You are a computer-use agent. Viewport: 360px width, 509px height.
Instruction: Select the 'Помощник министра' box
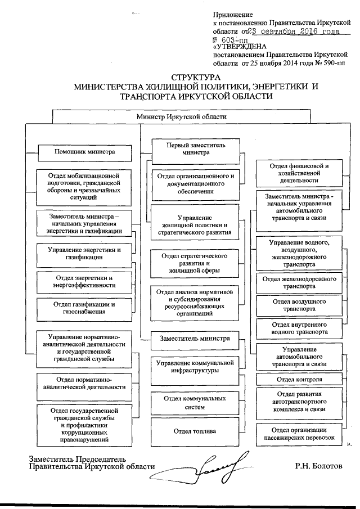click(84, 152)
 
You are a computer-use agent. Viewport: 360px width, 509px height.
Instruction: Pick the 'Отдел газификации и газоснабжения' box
click(84, 308)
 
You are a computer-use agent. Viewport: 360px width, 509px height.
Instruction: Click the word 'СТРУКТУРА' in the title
click(195, 78)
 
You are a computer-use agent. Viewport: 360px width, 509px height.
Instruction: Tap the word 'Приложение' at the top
click(233, 14)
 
